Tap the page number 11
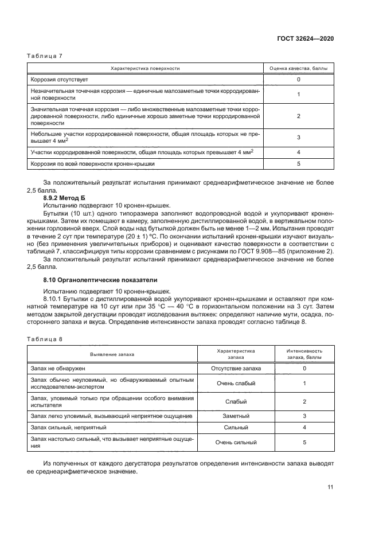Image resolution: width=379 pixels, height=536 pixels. point(330,487)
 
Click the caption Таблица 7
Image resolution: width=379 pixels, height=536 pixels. point(44,56)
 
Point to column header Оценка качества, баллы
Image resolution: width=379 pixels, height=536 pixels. point(299,68)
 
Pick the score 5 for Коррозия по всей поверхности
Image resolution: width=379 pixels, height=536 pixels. point(299,163)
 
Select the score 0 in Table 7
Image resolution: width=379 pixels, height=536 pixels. point(299,79)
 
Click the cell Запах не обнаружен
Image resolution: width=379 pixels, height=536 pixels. point(57,368)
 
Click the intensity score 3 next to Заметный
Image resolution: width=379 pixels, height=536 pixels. point(304,416)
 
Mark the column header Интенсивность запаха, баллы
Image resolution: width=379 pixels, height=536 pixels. point(304,354)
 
